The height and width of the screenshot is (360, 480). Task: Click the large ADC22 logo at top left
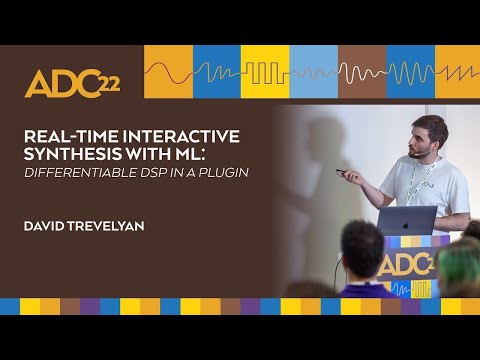click(71, 85)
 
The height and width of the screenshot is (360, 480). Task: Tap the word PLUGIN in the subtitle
click(221, 172)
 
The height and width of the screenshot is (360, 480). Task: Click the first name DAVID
click(46, 227)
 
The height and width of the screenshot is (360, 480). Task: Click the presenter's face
click(427, 137)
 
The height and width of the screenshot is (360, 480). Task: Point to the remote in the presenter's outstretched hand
click(342, 172)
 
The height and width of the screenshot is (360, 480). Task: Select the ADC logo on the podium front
click(410, 265)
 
